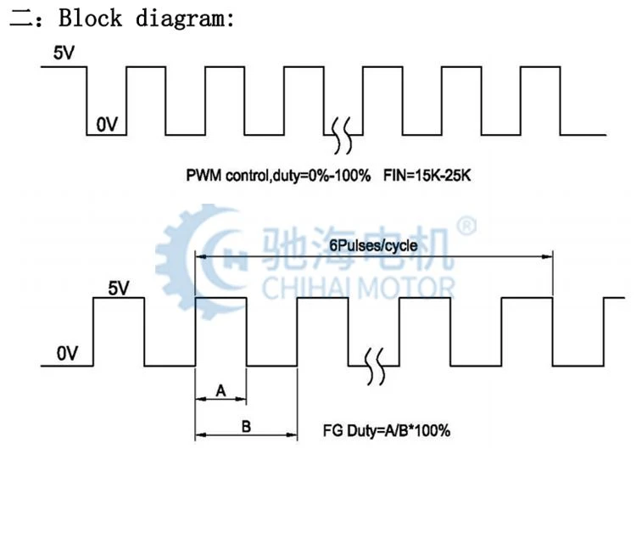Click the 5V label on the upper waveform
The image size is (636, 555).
[64, 53]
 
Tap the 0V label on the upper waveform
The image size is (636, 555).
[107, 124]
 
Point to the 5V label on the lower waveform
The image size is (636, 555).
[119, 288]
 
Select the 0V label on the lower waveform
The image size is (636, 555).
[67, 353]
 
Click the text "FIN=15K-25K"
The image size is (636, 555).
[427, 176]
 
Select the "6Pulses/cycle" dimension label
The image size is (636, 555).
[373, 245]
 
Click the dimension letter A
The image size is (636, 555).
[220, 390]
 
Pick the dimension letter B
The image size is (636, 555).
[246, 426]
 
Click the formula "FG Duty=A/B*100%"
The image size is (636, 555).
[387, 430]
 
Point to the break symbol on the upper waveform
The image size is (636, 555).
[342, 135]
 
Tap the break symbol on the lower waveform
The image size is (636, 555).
[374, 367]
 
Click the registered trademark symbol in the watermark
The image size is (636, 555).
[467, 226]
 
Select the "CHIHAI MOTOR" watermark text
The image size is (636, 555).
[358, 288]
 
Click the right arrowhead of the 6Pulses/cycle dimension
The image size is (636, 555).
[547, 256]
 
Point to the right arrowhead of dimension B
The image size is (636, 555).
[292, 434]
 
